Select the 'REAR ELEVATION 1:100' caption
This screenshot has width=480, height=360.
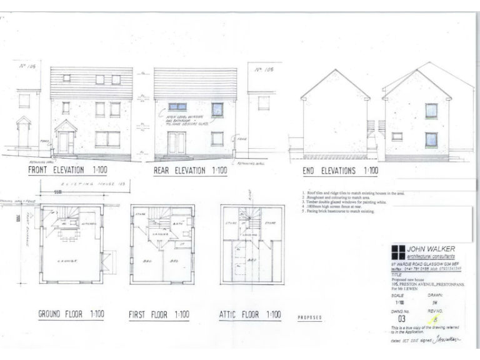(190, 170)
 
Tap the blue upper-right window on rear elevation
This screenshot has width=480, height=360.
(217, 110)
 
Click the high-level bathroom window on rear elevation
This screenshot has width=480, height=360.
(177, 106)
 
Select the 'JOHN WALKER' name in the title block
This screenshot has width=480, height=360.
(431, 249)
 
